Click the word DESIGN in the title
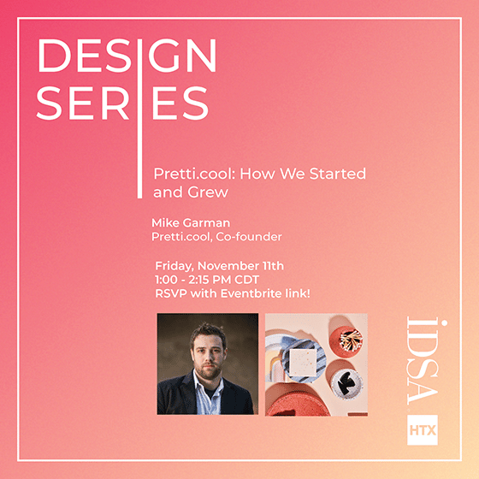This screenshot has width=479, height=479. (x=127, y=56)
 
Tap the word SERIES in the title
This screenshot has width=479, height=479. (x=122, y=103)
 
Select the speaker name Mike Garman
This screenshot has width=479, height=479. (x=191, y=222)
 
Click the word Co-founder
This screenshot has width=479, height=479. (x=249, y=237)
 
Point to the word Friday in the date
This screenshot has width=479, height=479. (x=174, y=266)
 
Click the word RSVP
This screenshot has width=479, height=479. (x=171, y=293)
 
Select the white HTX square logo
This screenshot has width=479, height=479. (x=423, y=430)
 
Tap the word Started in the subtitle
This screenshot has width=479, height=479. (x=338, y=174)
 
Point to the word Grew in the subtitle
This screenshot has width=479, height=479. (x=208, y=192)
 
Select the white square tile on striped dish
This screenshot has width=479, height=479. (x=303, y=363)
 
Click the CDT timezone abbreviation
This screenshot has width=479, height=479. (x=247, y=280)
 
